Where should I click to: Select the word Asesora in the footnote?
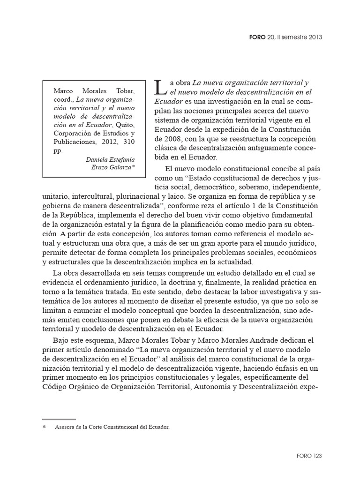[x=65, y=427]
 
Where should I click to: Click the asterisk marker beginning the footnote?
[x=45, y=427]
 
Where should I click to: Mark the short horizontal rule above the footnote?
[x=59, y=419]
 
